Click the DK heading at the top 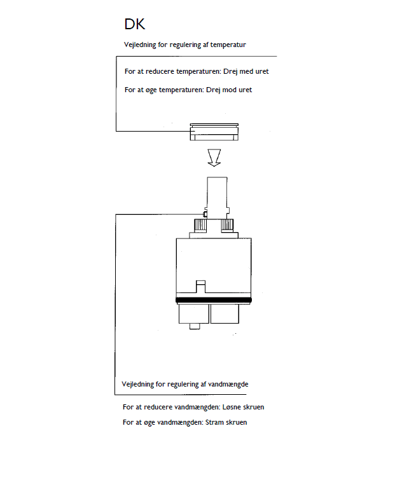(x=135, y=25)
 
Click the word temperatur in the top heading (x=228, y=45)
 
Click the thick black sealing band (x=214, y=299)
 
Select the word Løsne (x=225, y=407)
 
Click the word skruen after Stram (x=235, y=422)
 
